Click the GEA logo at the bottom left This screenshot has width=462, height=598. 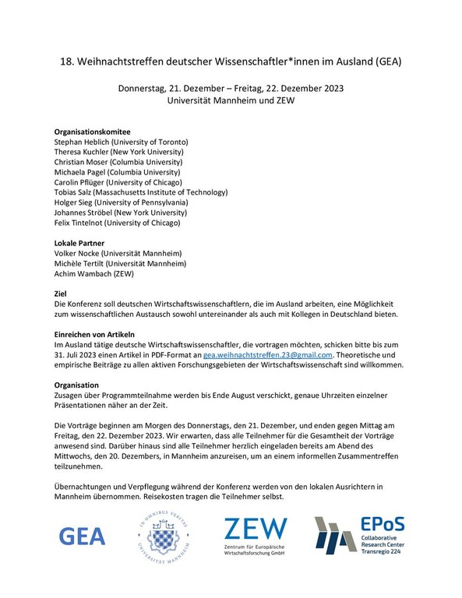click(x=83, y=536)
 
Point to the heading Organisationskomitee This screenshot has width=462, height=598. click(x=92, y=132)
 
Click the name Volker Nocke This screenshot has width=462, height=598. click(x=78, y=253)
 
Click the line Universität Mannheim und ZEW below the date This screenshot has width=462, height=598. click(x=231, y=100)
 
